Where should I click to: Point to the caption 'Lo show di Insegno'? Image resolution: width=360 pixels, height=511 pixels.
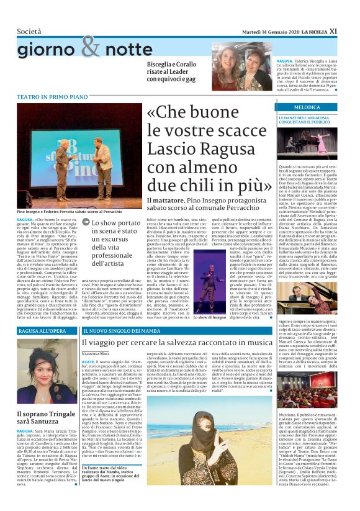[210, 317]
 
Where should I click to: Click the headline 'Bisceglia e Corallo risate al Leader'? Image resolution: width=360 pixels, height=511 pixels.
[174, 72]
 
